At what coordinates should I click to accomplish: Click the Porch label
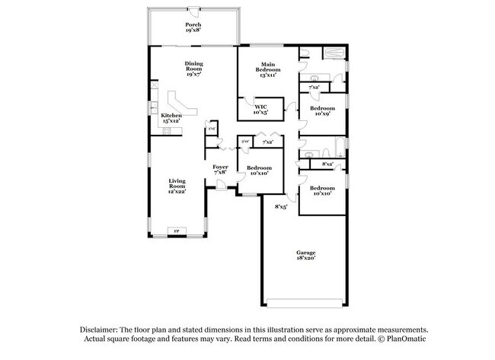tap(193, 28)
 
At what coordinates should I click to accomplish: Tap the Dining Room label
tap(193, 68)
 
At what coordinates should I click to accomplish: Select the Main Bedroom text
tap(267, 69)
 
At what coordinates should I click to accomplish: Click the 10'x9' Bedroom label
tap(321, 111)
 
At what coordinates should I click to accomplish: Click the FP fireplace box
tap(177, 231)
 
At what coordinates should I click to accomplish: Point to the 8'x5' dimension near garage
tap(281, 205)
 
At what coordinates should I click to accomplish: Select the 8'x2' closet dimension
tap(328, 164)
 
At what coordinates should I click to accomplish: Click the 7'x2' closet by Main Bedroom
tap(314, 88)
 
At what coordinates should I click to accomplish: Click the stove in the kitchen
tap(167, 130)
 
